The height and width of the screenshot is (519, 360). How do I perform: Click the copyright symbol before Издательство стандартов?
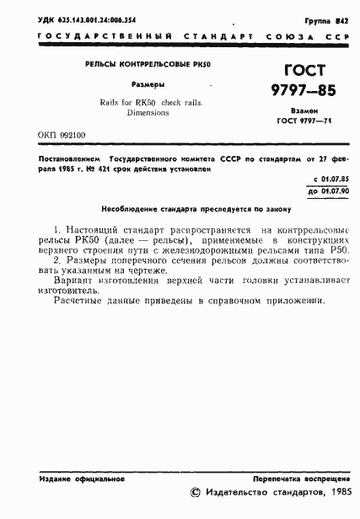[x=197, y=495]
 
